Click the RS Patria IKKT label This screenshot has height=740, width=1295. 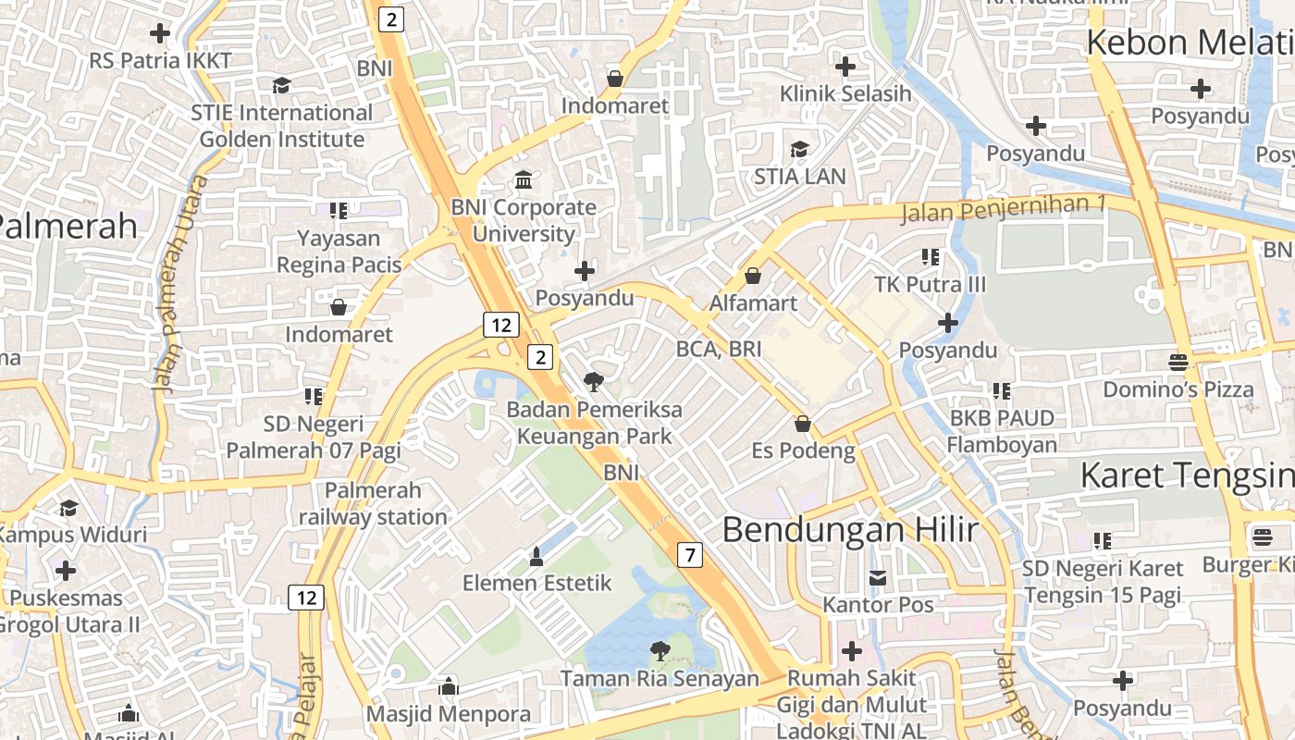[x=160, y=61]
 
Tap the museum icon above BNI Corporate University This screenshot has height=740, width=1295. [x=524, y=179]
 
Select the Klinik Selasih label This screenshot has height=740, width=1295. [x=845, y=93]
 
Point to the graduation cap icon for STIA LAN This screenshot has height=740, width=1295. [x=799, y=149]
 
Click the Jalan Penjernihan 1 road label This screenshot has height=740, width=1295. [x=1004, y=208]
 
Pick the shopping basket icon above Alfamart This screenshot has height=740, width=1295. [x=753, y=276]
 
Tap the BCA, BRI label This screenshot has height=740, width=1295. [x=719, y=349]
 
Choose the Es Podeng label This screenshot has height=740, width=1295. [x=803, y=450]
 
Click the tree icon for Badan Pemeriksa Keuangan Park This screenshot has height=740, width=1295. [x=593, y=380]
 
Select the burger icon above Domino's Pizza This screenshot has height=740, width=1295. [x=1178, y=362]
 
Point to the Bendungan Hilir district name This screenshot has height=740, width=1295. [x=849, y=529]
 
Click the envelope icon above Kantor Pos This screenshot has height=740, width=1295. [x=878, y=578]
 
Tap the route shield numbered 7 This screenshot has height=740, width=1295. [x=689, y=555]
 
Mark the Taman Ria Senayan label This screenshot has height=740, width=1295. [x=659, y=679]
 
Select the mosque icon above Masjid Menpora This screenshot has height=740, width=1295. [x=449, y=686]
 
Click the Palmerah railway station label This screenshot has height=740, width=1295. [x=373, y=503]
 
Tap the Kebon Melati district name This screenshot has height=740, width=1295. [x=1189, y=43]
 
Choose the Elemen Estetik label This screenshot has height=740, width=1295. [x=536, y=583]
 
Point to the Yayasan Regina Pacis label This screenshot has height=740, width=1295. [x=339, y=252]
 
